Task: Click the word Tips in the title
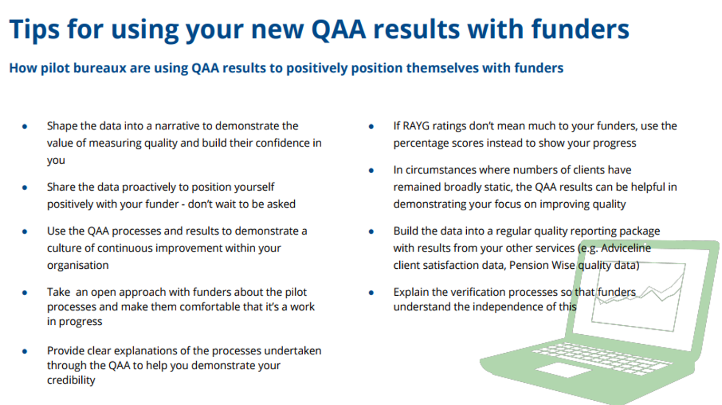click(34, 29)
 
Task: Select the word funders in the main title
click(580, 29)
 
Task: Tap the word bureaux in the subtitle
click(100, 68)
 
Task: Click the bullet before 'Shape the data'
click(24, 127)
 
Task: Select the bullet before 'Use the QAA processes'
click(24, 231)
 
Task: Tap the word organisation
click(78, 266)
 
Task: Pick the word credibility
click(71, 381)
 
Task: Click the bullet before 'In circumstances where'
click(371, 171)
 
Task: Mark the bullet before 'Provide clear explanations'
click(24, 351)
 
